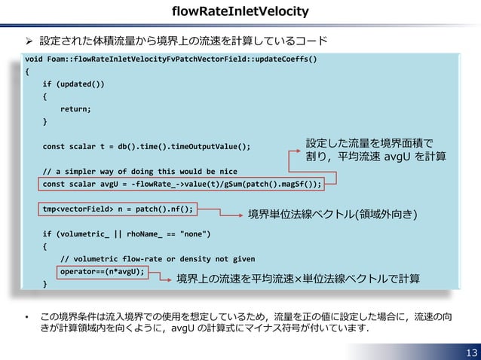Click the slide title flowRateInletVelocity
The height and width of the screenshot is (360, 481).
click(x=240, y=11)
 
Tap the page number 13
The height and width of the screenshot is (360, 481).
click(x=471, y=352)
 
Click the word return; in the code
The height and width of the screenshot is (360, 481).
click(x=75, y=109)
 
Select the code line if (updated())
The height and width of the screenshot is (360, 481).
click(x=73, y=84)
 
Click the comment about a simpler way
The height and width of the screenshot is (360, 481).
click(x=140, y=172)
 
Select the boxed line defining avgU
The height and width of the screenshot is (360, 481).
click(x=181, y=184)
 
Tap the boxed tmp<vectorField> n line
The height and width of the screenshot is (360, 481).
click(x=118, y=209)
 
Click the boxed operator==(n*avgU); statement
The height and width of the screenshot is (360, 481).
click(x=102, y=272)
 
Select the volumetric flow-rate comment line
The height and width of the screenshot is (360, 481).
click(x=158, y=259)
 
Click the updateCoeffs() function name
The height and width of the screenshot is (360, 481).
click(x=286, y=59)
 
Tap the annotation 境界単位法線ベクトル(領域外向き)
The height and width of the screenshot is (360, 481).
click(x=332, y=214)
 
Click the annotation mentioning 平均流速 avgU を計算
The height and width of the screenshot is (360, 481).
click(x=375, y=150)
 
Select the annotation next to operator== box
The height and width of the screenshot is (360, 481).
click(x=298, y=279)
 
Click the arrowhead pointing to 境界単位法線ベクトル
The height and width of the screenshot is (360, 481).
click(x=240, y=215)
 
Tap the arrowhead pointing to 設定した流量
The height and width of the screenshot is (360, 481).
click(x=298, y=151)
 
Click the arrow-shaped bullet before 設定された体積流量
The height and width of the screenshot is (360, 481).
click(x=29, y=41)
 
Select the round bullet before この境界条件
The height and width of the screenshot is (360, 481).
click(x=27, y=317)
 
